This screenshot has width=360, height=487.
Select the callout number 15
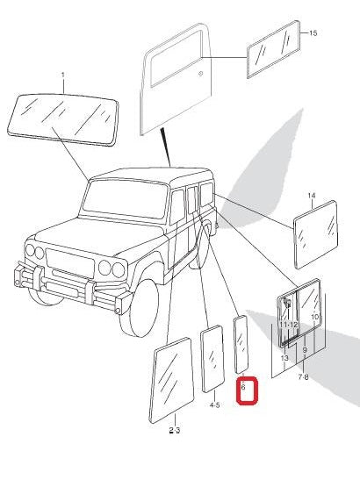313,32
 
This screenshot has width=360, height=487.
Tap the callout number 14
311,195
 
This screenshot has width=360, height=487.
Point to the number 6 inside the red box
243,386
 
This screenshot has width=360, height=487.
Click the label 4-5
214,405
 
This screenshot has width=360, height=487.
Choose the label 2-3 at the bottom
174,430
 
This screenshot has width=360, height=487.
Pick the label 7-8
303,376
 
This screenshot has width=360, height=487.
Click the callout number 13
284,358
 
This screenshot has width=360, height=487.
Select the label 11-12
289,325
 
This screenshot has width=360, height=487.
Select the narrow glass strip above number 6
241,345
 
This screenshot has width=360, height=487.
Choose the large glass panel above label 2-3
173,381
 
